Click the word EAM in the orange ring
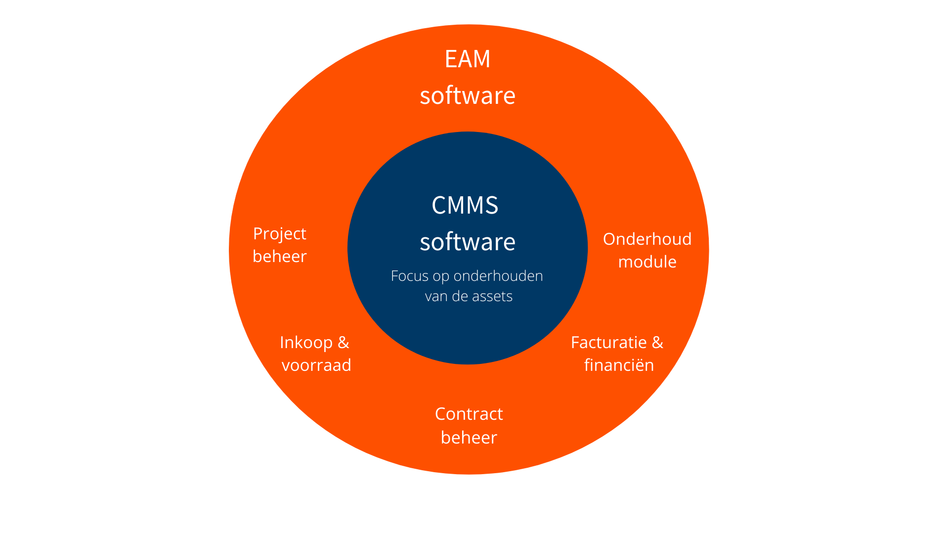tap(467, 59)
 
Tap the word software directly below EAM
tap(467, 95)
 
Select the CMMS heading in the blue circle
tap(465, 205)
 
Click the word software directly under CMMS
tap(467, 242)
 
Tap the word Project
tap(279, 234)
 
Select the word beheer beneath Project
tap(279, 257)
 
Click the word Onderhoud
tap(647, 239)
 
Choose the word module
tap(647, 262)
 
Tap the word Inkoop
tap(306, 343)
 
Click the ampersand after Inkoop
tap(343, 343)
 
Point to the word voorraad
tap(316, 365)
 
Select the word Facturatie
tap(608, 343)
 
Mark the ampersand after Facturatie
tap(657, 343)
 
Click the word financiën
tap(619, 365)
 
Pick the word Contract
tap(469, 414)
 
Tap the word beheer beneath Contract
tap(469, 438)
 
